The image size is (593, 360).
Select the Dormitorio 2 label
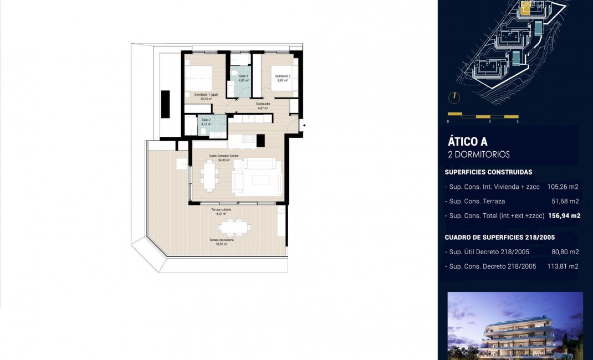click(x=282, y=76)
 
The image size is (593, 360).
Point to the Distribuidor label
click(x=263, y=104)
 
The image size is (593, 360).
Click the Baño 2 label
click(x=206, y=120)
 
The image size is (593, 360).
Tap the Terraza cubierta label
click(x=221, y=210)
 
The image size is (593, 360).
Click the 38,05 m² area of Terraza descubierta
click(x=221, y=244)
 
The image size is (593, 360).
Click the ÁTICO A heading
click(x=467, y=142)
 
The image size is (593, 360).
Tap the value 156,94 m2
click(x=564, y=215)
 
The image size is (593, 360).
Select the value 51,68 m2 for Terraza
click(x=566, y=201)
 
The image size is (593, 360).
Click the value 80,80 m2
click(x=565, y=252)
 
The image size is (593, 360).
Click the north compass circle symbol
click(x=453, y=97)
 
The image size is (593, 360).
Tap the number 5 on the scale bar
click(x=517, y=121)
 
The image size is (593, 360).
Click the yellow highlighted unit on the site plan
click(x=526, y=8)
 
